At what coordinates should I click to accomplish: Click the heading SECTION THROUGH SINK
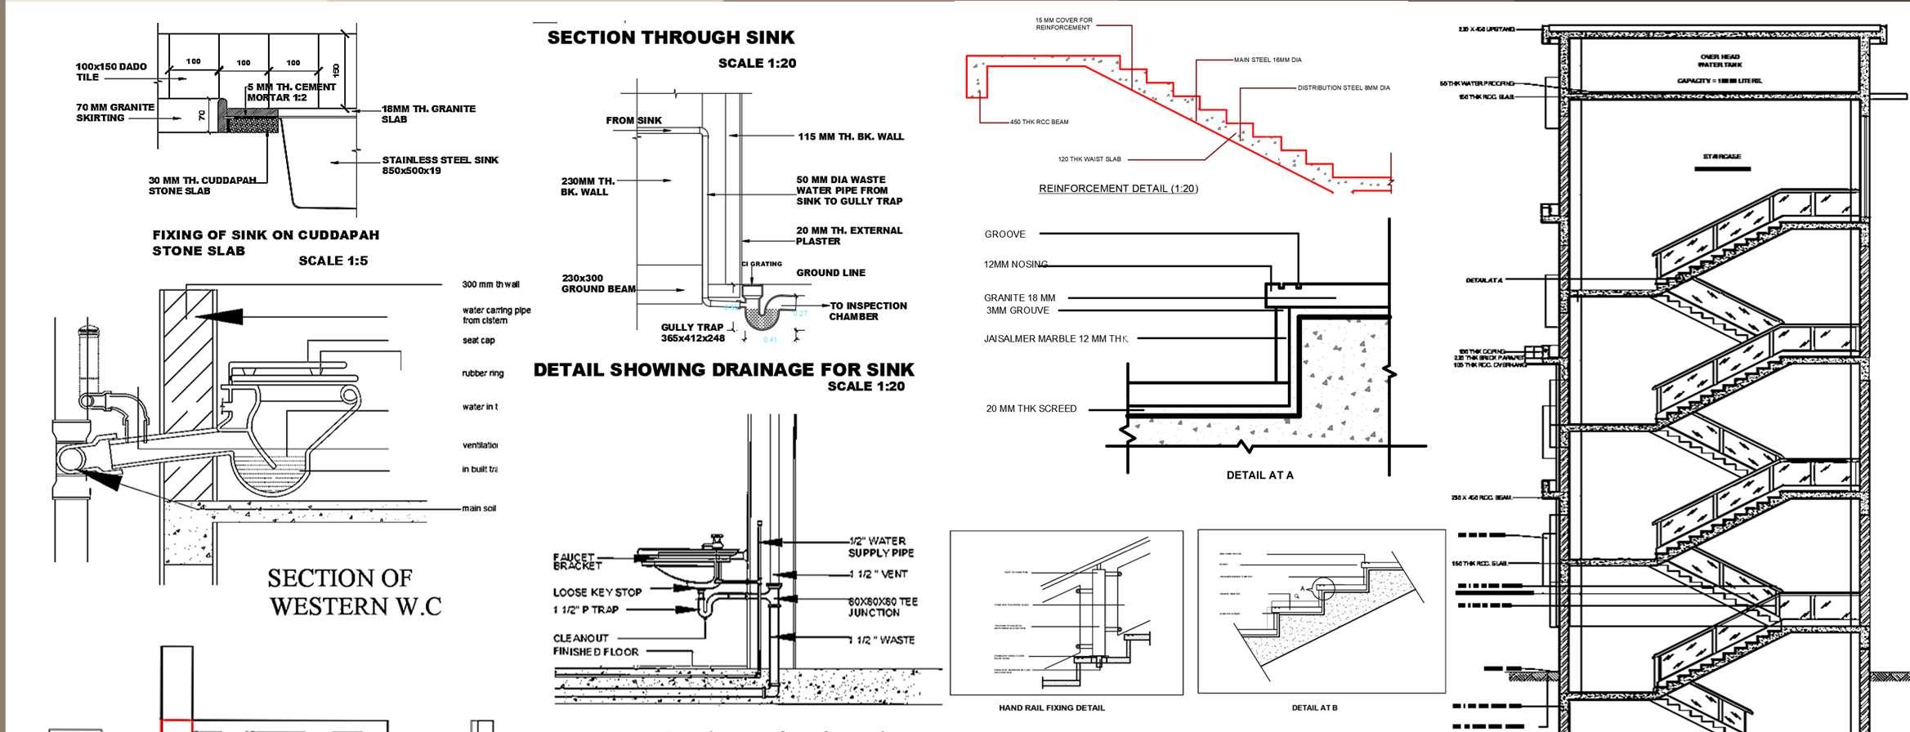point(670,38)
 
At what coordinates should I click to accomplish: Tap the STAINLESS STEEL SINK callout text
point(440,165)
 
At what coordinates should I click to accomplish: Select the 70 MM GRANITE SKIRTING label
point(115,113)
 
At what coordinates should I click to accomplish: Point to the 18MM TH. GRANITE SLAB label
point(428,114)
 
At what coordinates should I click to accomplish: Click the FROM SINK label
point(633,121)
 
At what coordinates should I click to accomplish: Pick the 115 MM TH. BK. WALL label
point(850,136)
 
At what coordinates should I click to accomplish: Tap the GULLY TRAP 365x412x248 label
point(693,333)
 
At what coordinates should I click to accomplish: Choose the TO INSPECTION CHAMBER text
point(867,311)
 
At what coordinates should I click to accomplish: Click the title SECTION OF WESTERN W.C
point(355,592)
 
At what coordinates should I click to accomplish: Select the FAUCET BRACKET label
point(577,561)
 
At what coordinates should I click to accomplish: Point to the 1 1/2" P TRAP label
point(586,610)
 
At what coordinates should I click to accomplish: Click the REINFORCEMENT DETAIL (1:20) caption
point(1118,189)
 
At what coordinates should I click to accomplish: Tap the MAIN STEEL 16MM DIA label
point(1268,60)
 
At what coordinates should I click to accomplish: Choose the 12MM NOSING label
point(1015,265)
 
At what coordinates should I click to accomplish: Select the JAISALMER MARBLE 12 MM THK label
point(1055,339)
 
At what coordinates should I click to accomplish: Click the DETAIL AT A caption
point(1259,475)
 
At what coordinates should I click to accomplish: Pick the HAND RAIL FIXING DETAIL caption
point(1051,707)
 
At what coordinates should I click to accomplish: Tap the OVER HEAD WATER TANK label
point(1720,61)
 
